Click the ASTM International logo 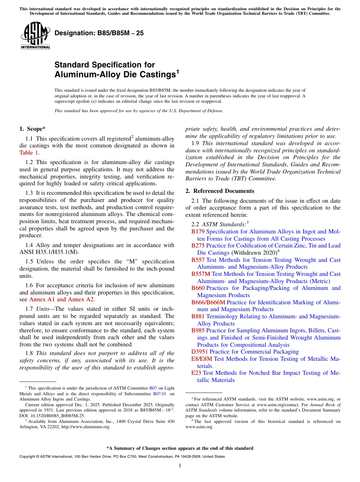pos(35,36)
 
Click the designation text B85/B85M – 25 pos(99,33)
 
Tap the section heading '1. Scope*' pos(33,129)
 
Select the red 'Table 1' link pos(29,153)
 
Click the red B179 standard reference pos(198,232)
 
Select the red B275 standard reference pos(198,246)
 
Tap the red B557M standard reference pos(200,274)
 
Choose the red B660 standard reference pos(198,288)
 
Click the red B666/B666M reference pos(208,302)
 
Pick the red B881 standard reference pos(198,316)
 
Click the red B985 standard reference pos(198,330)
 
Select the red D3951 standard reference pos(199,352)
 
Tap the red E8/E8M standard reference pos(202,359)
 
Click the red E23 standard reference pos(196,373)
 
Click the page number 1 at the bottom pos(180,466)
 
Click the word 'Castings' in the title pos(154,75)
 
